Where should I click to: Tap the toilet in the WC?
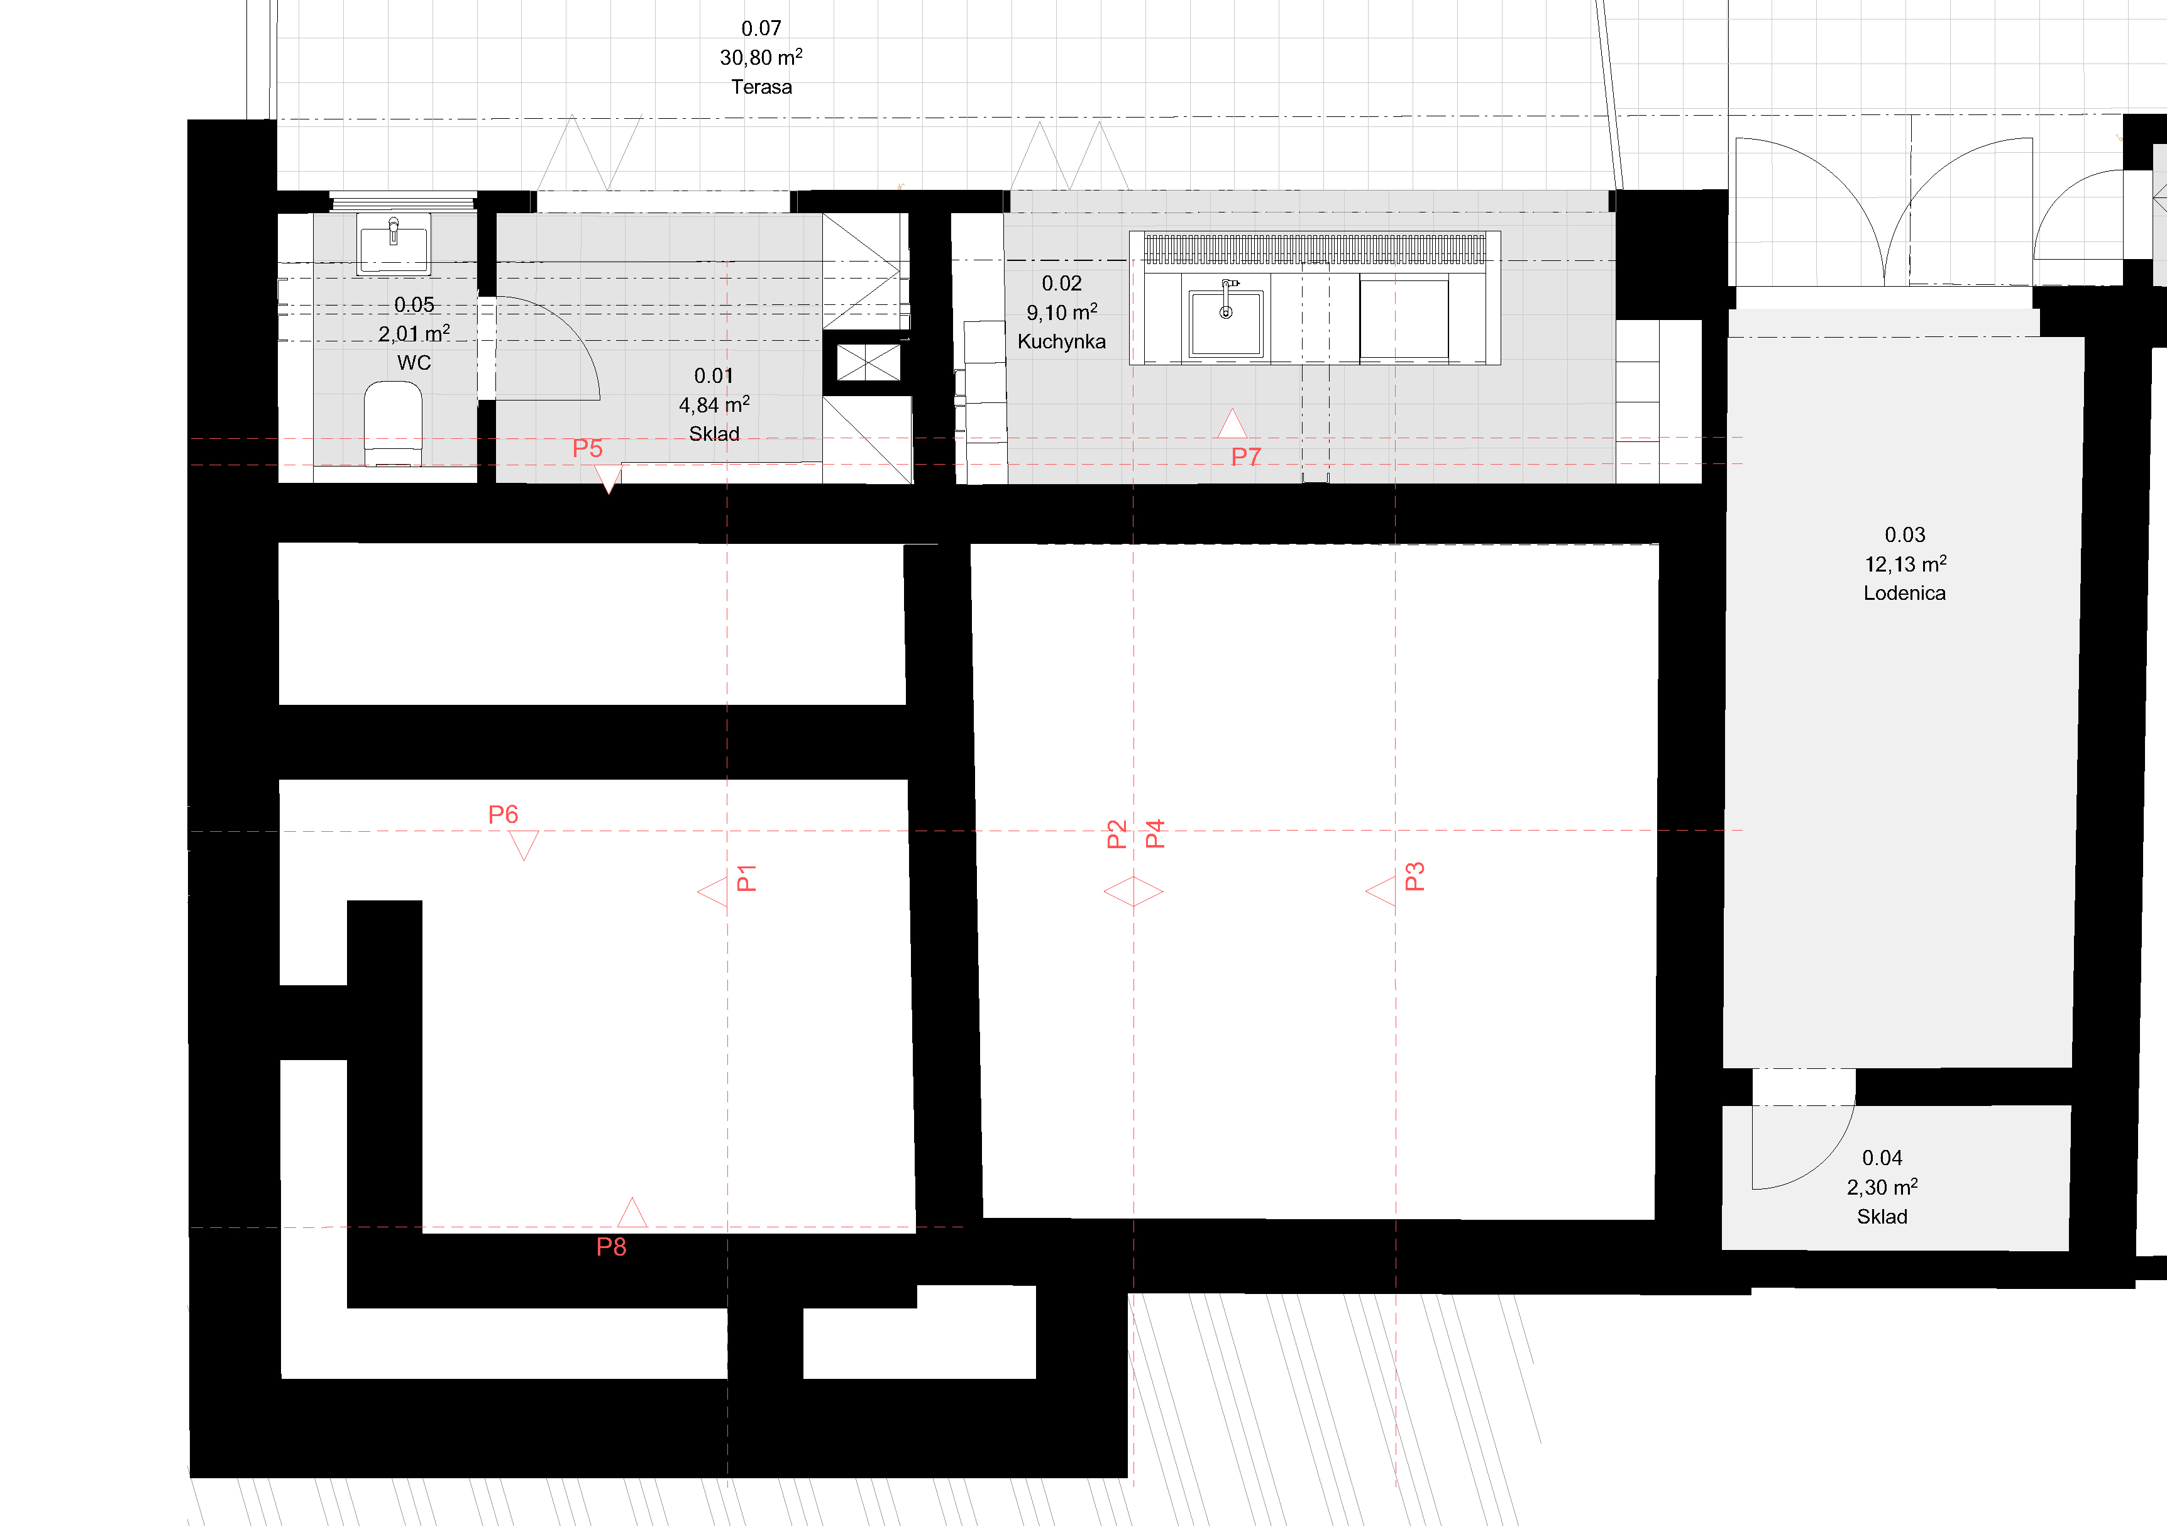pyautogui.click(x=393, y=424)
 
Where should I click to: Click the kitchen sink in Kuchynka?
pyautogui.click(x=1226, y=322)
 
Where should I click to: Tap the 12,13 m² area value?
pyautogui.click(x=1905, y=563)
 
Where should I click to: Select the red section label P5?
pyautogui.click(x=587, y=448)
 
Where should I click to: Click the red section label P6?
pyautogui.click(x=503, y=814)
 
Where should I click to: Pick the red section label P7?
pyautogui.click(x=1246, y=456)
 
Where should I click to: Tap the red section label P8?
pyautogui.click(x=610, y=1247)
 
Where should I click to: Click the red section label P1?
pyautogui.click(x=746, y=878)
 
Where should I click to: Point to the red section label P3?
pyautogui.click(x=1414, y=876)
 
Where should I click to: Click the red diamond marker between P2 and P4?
pyautogui.click(x=1133, y=892)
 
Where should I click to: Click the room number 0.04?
pyautogui.click(x=1882, y=1158)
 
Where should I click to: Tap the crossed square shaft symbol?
pyautogui.click(x=868, y=362)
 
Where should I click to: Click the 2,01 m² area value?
pyautogui.click(x=414, y=333)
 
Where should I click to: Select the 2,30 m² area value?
pyautogui.click(x=1882, y=1186)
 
